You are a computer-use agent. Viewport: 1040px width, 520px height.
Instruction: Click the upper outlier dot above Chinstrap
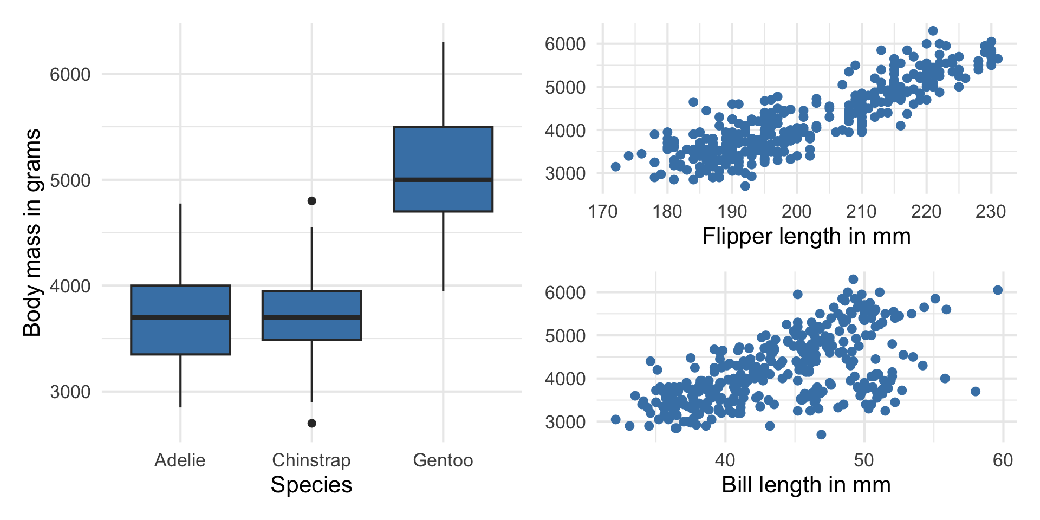(x=312, y=201)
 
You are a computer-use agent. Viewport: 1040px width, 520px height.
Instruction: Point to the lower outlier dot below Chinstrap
(x=312, y=423)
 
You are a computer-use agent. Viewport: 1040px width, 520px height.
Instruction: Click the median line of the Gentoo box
(x=443, y=179)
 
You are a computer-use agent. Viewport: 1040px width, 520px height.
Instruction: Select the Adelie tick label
(x=180, y=460)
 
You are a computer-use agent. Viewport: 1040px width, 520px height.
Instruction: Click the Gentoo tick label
(x=443, y=460)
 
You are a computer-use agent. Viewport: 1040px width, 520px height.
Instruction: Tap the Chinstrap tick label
(x=311, y=460)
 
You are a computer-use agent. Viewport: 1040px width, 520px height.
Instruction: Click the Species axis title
(x=311, y=485)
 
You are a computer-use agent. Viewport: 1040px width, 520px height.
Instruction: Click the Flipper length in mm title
(x=807, y=236)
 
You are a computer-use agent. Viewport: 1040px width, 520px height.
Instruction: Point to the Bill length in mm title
(x=807, y=485)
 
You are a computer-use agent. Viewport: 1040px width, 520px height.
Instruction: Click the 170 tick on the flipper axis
(x=603, y=211)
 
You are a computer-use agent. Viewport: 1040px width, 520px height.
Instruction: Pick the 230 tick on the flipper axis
(x=991, y=211)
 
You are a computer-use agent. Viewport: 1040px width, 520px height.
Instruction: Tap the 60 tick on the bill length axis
(x=1003, y=460)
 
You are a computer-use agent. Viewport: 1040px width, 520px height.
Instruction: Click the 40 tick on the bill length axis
(x=725, y=460)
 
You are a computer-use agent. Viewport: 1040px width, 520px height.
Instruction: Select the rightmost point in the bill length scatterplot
(x=998, y=290)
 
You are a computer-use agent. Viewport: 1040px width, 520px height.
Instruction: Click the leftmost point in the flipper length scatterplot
(x=616, y=167)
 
